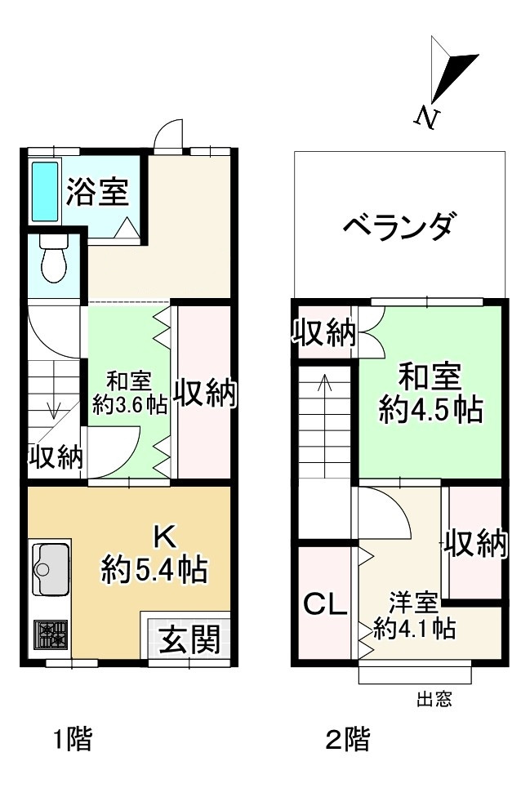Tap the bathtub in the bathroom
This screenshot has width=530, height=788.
point(44,191)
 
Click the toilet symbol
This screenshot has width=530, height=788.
point(54,259)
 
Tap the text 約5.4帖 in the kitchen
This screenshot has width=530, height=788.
point(154,568)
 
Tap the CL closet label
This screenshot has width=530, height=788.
point(326,604)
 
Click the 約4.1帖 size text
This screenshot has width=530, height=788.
point(414,628)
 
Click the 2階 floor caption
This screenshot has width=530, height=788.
point(347,741)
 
